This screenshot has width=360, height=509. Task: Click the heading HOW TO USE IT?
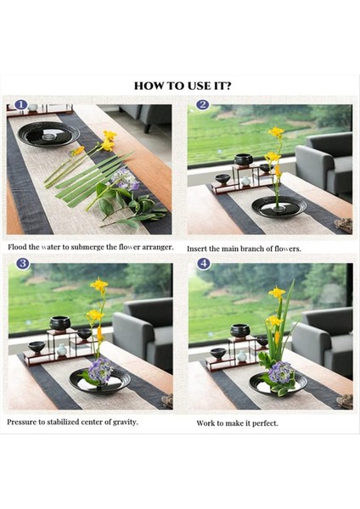pos(183,86)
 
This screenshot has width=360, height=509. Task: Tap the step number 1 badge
pos(21,104)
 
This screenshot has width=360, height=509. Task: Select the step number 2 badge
pos(202,104)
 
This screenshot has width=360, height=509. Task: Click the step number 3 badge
pos(23,263)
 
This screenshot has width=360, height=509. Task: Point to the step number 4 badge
pos(204,263)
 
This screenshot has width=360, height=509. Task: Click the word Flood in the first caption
pos(17,247)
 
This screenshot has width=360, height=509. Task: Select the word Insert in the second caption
pos(197,249)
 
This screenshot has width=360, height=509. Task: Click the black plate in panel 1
pos(48,134)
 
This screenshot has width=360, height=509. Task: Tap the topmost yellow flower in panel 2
pos(276,131)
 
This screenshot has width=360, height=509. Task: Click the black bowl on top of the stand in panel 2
pos(244,159)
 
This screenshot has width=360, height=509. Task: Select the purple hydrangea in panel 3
pos(100,370)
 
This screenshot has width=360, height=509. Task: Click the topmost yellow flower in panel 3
pos(99,285)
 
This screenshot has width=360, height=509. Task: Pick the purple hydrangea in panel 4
pos(280,372)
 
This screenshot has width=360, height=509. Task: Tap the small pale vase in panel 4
pos(242,356)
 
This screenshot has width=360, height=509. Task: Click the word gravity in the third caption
pos(125,422)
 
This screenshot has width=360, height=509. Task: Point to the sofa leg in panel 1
pos(147,128)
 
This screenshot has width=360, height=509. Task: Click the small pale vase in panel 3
pos(62,350)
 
